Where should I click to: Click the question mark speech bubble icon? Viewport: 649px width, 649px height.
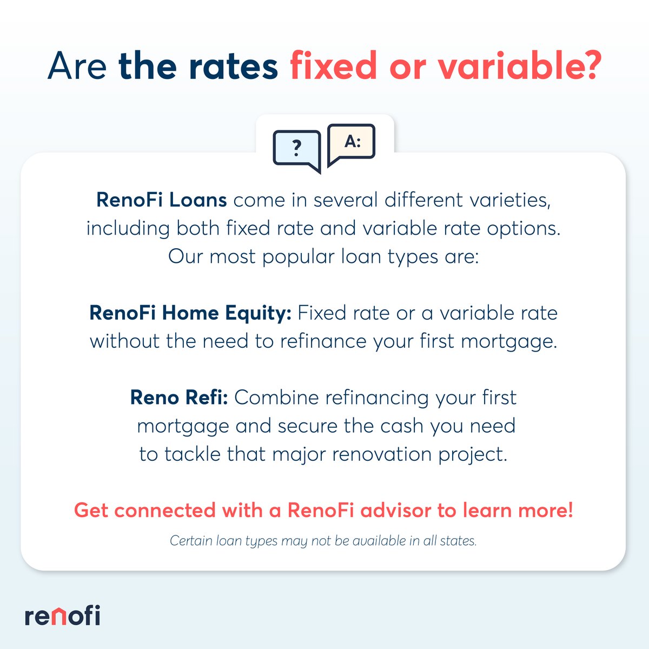(x=296, y=149)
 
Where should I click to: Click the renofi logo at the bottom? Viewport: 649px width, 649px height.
(x=62, y=615)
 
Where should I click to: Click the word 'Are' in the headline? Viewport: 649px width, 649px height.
(x=77, y=66)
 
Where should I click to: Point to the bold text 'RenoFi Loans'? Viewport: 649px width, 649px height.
(x=161, y=200)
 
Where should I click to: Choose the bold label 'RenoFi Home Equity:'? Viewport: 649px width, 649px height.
(x=190, y=313)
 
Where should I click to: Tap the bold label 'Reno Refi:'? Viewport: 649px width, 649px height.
(x=179, y=398)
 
